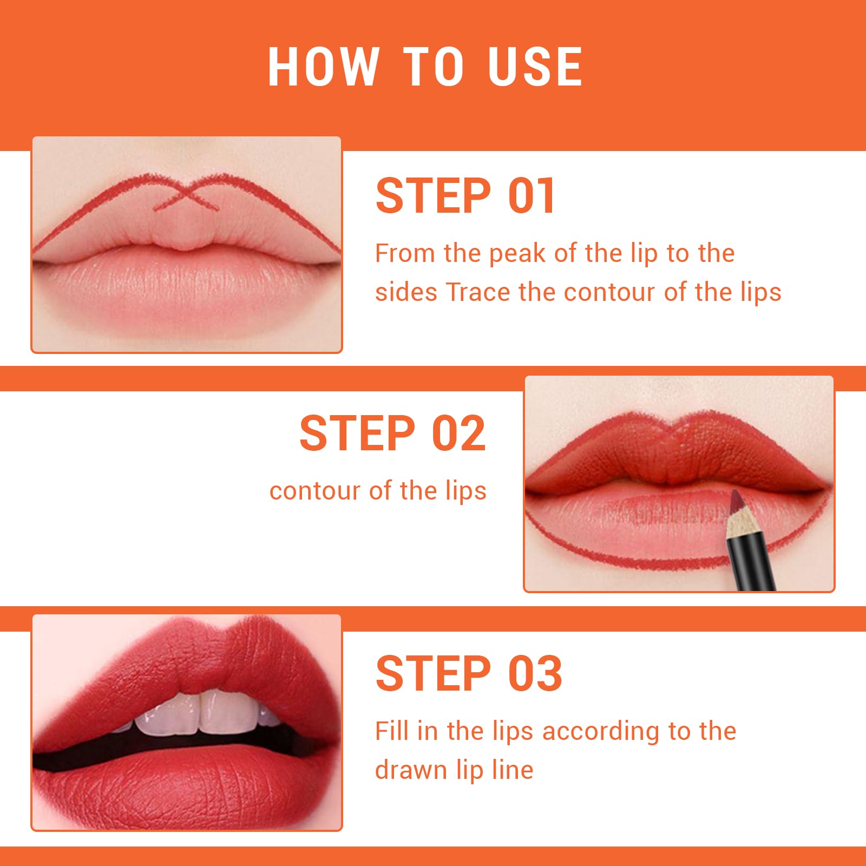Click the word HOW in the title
tap(323, 67)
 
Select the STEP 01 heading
tap(465, 195)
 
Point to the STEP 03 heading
tap(469, 673)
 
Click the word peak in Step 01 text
tap(517, 254)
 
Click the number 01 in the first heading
tap(532, 195)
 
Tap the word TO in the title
tap(432, 67)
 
